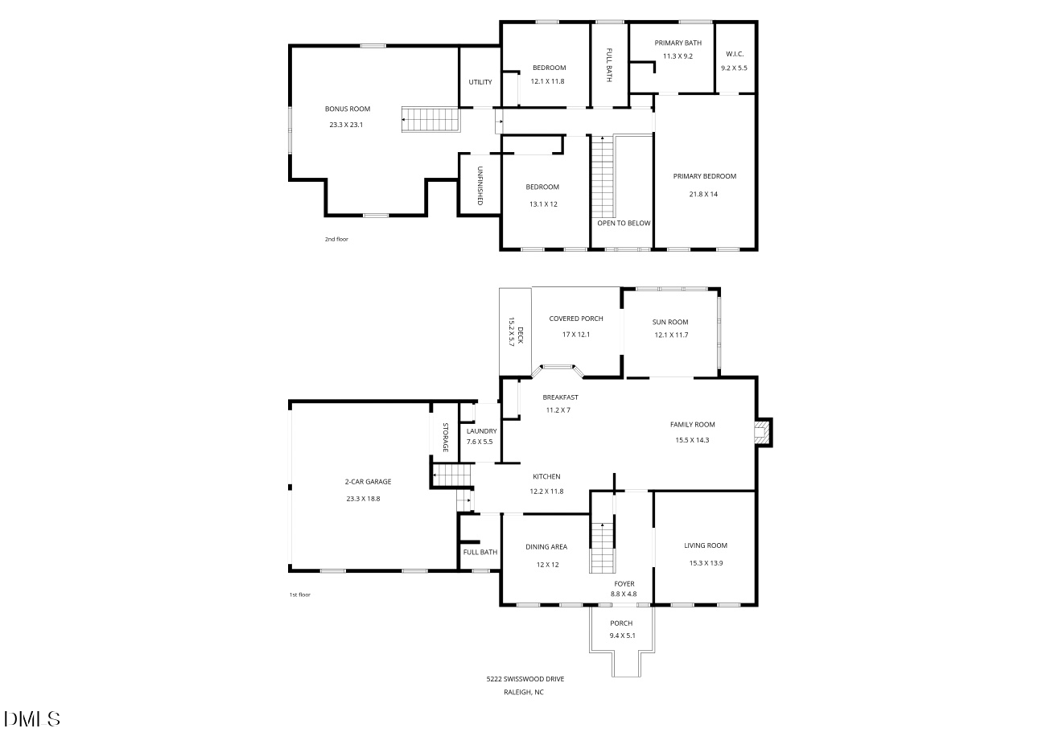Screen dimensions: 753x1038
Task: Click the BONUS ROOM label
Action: [x=348, y=109]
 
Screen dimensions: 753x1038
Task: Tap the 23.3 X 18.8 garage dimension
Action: [x=363, y=499]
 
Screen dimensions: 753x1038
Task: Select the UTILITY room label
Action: [x=480, y=82]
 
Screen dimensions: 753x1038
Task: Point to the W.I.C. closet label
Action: [x=734, y=54]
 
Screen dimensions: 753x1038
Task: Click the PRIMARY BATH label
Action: [x=678, y=43]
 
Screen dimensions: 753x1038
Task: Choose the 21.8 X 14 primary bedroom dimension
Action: [x=703, y=194]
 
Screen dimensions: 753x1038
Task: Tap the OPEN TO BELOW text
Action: [x=624, y=223]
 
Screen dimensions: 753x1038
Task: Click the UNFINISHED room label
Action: [x=480, y=185]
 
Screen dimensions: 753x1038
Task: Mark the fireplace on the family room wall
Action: [x=761, y=432]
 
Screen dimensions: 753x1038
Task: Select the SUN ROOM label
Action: [x=670, y=322]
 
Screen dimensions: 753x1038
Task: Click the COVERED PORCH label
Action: [x=576, y=319]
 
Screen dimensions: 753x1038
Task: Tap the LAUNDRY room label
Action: [x=481, y=431]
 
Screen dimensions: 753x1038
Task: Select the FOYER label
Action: [x=624, y=584]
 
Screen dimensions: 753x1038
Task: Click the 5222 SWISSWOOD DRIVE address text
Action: [x=525, y=679]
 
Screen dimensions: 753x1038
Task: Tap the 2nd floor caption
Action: [x=336, y=239]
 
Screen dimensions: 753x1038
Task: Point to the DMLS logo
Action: [x=32, y=718]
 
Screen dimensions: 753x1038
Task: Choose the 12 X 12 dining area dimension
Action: [x=547, y=565]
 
